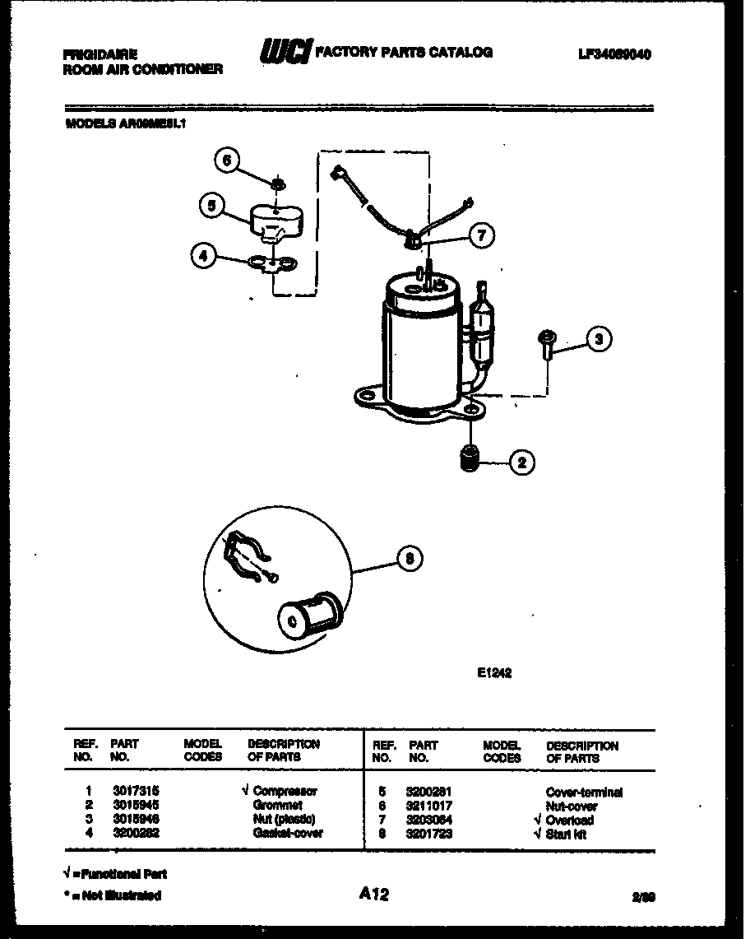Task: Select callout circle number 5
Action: click(212, 206)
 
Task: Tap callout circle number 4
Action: click(202, 256)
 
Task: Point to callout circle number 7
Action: click(481, 235)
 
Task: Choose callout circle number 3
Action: click(600, 337)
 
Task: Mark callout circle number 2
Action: click(521, 463)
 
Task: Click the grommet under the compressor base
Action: click(470, 458)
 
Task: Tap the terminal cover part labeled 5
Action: click(274, 220)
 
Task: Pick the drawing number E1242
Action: click(494, 672)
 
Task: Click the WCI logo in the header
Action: click(285, 53)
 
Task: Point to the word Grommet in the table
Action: click(277, 805)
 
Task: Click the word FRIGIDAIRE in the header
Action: click(95, 55)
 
